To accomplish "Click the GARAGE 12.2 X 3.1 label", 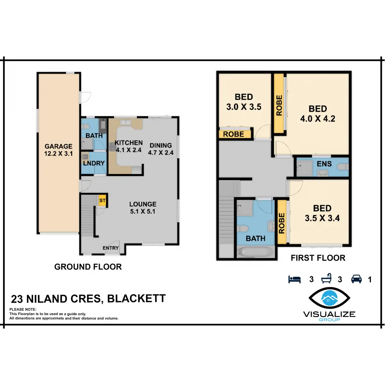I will tap(58, 150).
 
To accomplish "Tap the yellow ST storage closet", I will tap(102, 201).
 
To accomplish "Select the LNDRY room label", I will tap(94, 163).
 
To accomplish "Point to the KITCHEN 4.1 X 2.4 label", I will tap(128, 146).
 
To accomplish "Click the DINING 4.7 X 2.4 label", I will tap(160, 149).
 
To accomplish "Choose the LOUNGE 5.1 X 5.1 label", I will tap(143, 208).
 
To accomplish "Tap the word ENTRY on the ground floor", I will tap(110, 248).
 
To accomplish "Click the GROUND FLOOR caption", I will tap(88, 267).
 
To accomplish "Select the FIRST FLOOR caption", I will tap(318, 258).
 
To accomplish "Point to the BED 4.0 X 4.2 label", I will tap(318, 114).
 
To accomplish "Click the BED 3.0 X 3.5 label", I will tap(244, 102).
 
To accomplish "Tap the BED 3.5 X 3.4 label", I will tap(322, 213).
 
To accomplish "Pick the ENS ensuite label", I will tap(324, 164).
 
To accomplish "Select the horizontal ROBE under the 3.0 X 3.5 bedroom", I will tap(234, 134).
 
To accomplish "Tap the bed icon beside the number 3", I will tap(295, 279).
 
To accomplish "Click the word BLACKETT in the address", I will tap(136, 299).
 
